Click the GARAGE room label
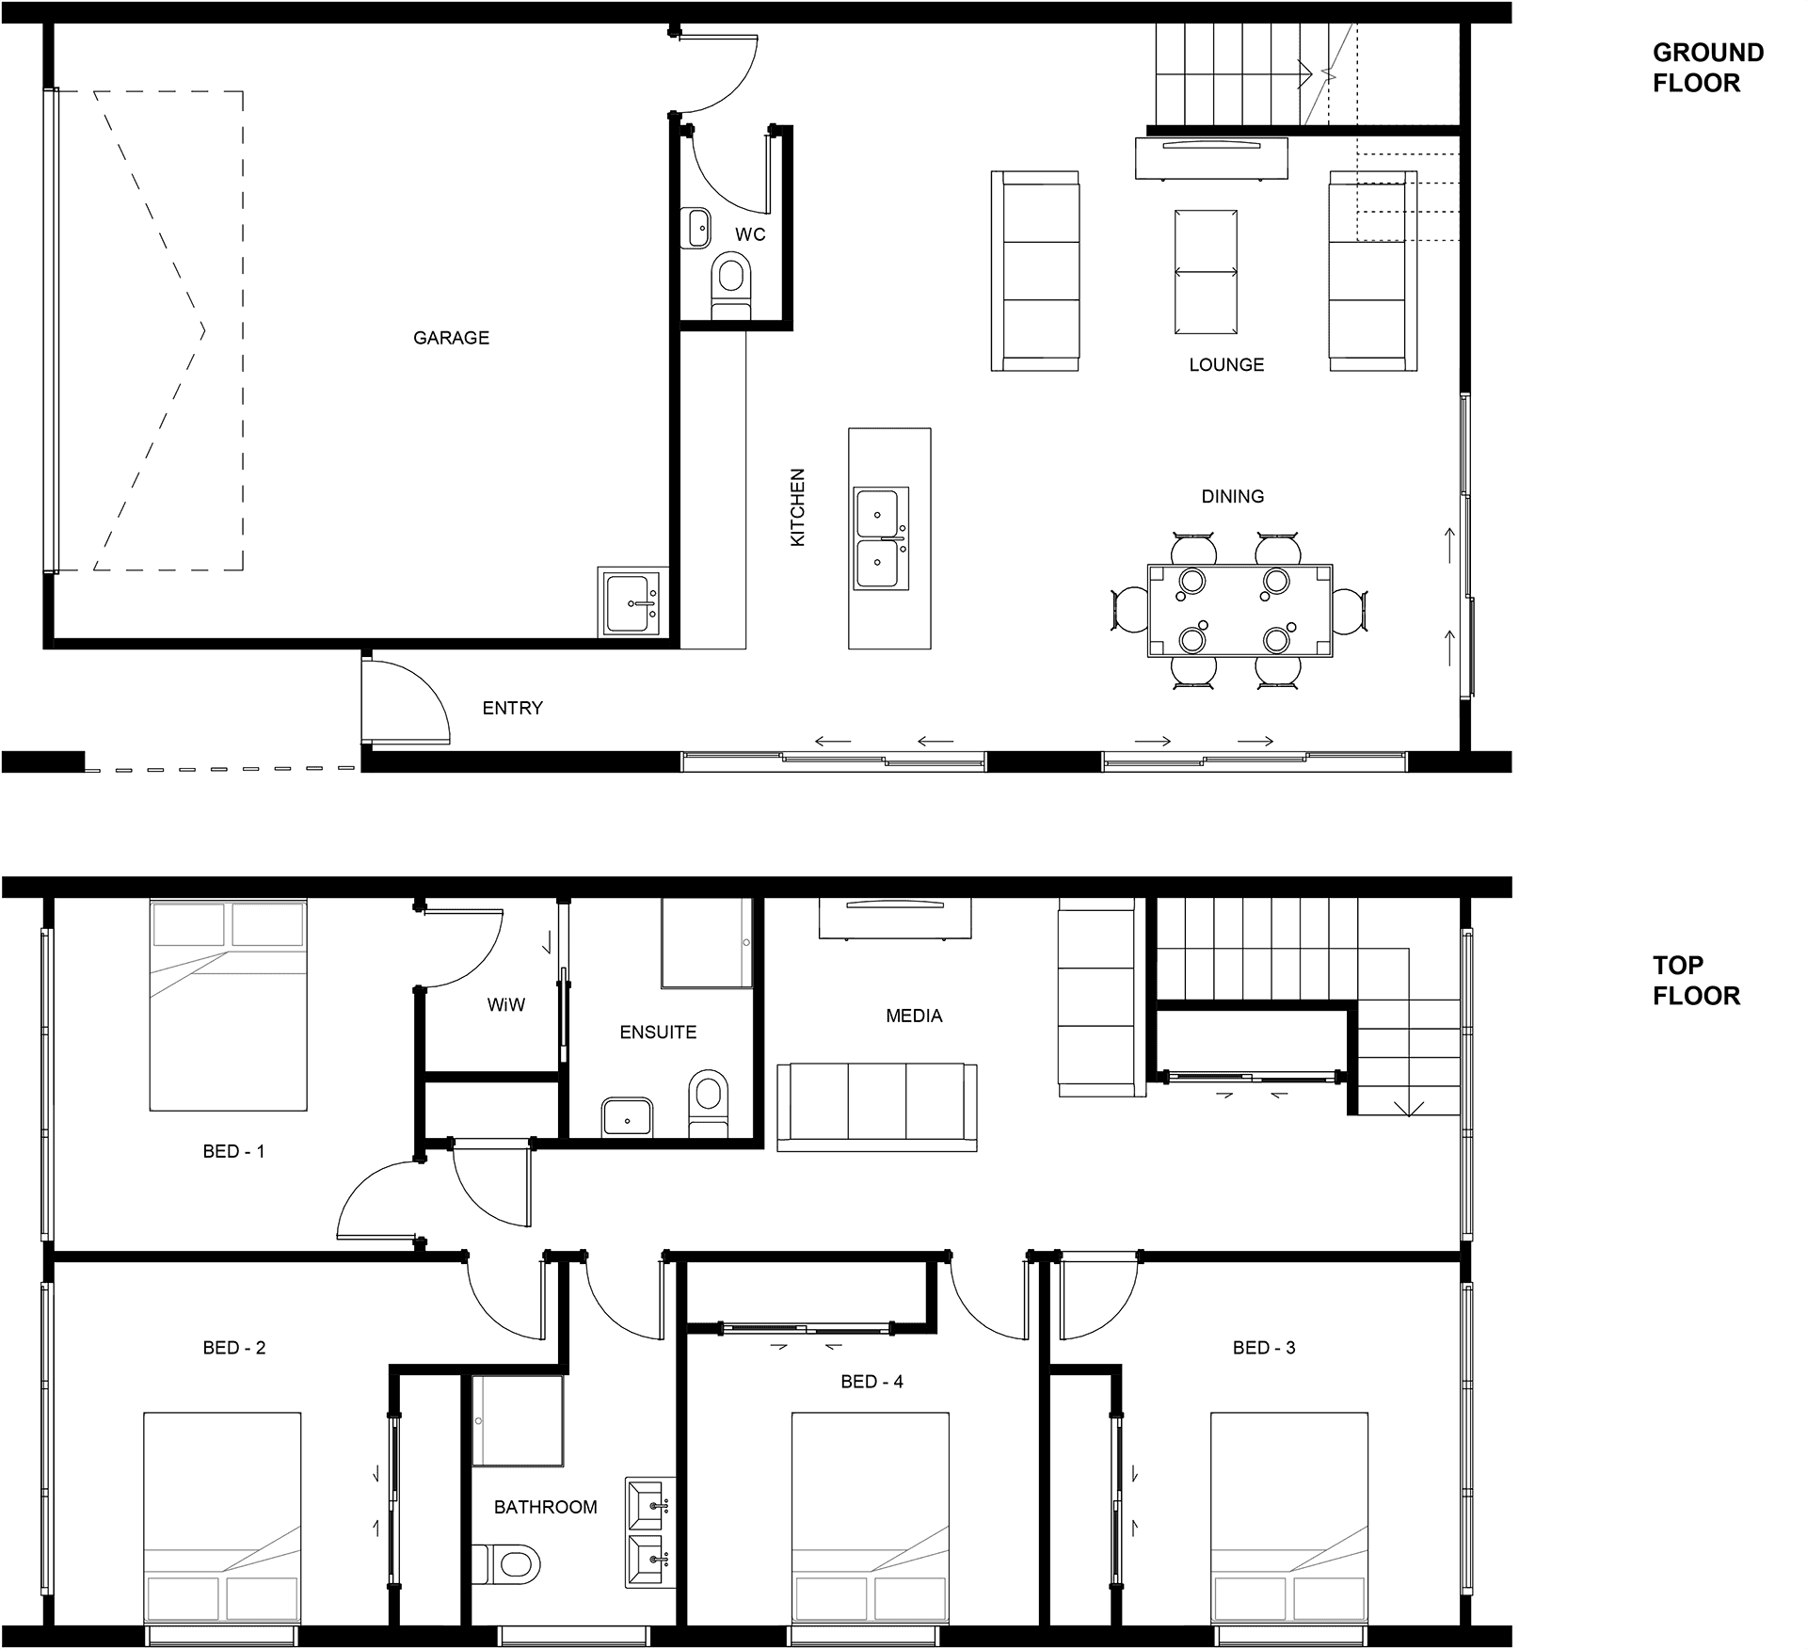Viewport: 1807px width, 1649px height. coord(451,338)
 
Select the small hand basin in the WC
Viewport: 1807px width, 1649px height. coord(696,228)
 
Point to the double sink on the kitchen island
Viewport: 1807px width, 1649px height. coord(881,538)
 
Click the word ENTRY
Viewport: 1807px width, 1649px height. coord(512,708)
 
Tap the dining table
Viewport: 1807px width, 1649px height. coord(1239,610)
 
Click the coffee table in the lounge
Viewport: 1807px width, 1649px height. coord(1206,271)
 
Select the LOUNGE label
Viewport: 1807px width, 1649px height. coord(1226,365)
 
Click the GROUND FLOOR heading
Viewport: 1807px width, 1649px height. coord(1708,68)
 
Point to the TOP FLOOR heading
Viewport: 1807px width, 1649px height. coord(1697,980)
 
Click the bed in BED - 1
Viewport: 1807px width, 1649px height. coord(229,1004)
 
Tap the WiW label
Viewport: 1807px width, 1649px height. coord(506,1005)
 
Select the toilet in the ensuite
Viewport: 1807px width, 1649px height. coord(708,1103)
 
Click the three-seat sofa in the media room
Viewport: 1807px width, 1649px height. coord(876,1107)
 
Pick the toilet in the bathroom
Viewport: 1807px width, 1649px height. coord(506,1564)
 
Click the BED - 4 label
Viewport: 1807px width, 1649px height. coord(872,1382)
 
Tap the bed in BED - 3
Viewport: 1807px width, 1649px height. coord(1288,1517)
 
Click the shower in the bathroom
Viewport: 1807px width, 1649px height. coord(518,1420)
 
